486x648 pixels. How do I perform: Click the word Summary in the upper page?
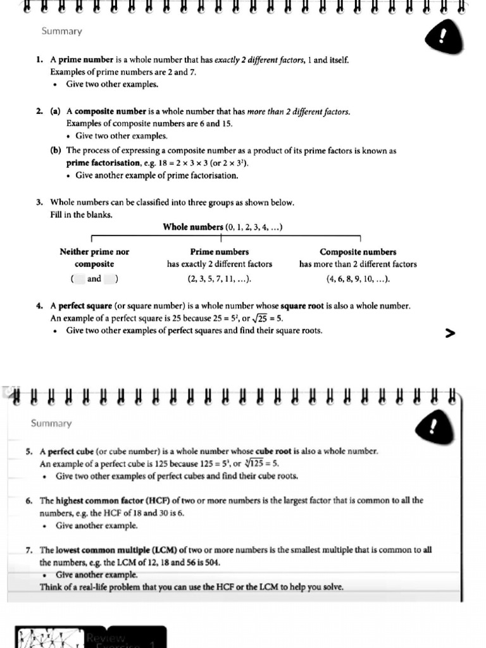[x=61, y=31]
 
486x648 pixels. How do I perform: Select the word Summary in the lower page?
[x=51, y=423]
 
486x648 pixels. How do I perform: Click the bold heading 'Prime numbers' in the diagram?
[x=219, y=252]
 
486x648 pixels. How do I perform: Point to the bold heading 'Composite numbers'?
[x=358, y=252]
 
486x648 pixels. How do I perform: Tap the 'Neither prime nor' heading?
[x=94, y=252]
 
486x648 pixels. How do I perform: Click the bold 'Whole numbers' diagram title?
[x=193, y=227]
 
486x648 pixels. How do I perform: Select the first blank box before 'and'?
[x=79, y=278]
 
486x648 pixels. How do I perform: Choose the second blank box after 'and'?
[x=109, y=278]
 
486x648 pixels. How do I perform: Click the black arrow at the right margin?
[x=450, y=333]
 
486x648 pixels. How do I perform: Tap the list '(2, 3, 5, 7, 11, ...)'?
[x=220, y=278]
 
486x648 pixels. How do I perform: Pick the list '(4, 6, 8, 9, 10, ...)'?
[x=358, y=278]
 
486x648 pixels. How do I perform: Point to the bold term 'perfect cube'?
[x=70, y=451]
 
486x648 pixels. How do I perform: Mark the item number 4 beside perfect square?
[x=39, y=306]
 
